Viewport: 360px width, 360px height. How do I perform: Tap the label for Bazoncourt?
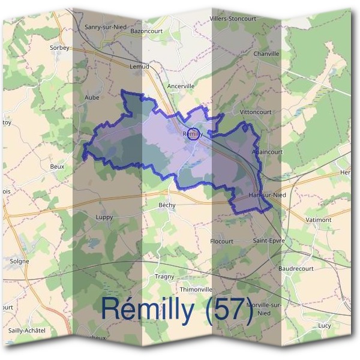pyautogui.click(x=147, y=30)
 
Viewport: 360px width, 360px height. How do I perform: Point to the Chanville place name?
pyautogui.click(x=266, y=53)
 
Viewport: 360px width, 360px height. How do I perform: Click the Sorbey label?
pyautogui.click(x=60, y=47)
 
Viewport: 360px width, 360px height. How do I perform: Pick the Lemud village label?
pyautogui.click(x=139, y=67)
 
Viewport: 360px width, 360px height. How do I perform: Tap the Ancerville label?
pyautogui.click(x=181, y=86)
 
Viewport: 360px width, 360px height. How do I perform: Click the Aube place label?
pyautogui.click(x=92, y=97)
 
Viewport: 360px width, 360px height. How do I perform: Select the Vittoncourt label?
pyautogui.click(x=239, y=112)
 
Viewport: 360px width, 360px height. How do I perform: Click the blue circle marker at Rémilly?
pyautogui.click(x=193, y=134)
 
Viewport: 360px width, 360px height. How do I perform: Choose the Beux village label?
pyautogui.click(x=57, y=166)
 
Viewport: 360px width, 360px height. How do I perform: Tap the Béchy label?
pyautogui.click(x=167, y=205)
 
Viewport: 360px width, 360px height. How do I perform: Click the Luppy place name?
pyautogui.click(x=104, y=217)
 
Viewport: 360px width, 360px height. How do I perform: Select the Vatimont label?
pyautogui.click(x=319, y=220)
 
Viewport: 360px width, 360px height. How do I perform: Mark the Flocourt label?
pyautogui.click(x=221, y=241)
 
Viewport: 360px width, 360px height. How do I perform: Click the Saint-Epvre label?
pyautogui.click(x=268, y=241)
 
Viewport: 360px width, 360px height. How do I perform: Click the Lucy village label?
pyautogui.click(x=325, y=325)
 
